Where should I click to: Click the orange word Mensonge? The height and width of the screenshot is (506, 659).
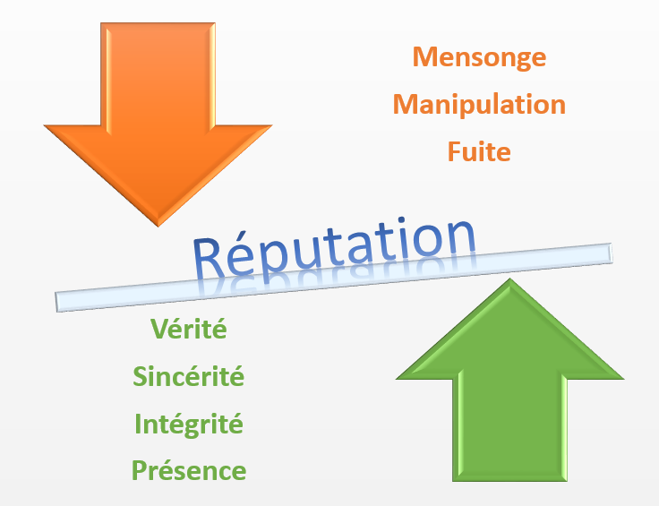pos(479,57)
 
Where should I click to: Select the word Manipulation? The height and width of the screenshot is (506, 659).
pos(479,105)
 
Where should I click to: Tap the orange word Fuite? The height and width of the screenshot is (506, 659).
pos(479,151)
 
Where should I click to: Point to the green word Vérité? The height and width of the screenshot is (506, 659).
pos(188,330)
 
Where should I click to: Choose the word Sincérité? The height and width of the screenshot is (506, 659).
pos(188,377)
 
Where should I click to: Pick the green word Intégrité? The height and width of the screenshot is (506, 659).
pos(188,424)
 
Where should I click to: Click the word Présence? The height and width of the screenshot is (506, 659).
pos(188,470)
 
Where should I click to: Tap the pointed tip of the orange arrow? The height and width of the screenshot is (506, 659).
pos(158,225)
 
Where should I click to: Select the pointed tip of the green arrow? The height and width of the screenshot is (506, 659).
pos(509,280)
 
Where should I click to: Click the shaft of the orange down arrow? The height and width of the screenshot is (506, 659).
pos(158,72)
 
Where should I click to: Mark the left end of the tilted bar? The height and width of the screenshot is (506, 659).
pos(59,302)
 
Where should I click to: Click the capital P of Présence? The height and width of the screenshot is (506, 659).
pos(140,470)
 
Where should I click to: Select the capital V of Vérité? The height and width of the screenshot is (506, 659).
pos(159,330)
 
